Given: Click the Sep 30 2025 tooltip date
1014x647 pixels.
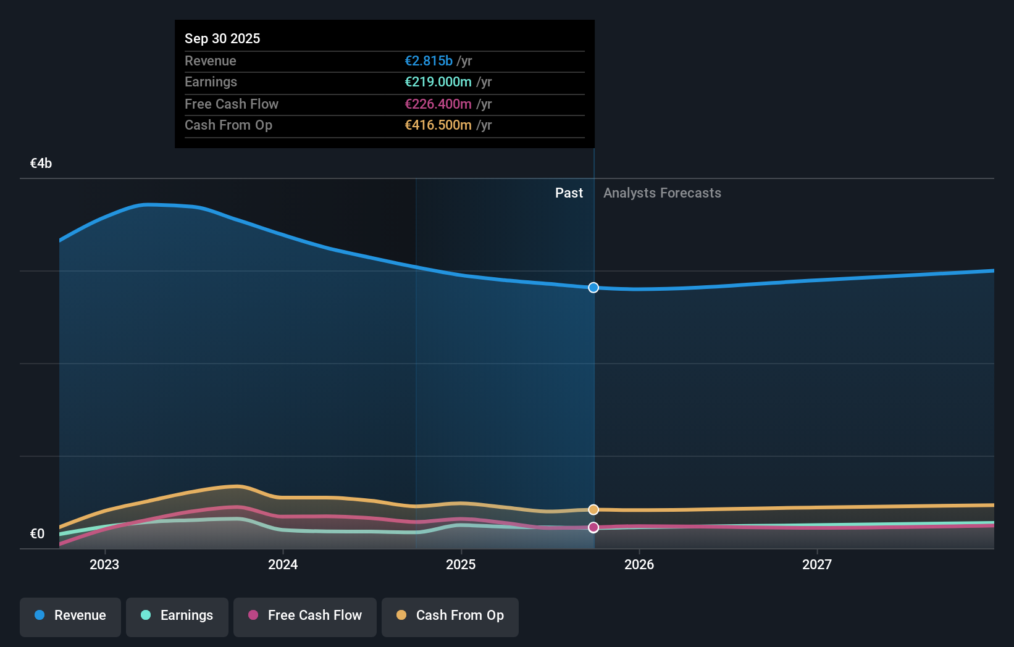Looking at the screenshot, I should tap(222, 38).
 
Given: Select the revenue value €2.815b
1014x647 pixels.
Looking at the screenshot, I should tap(428, 61).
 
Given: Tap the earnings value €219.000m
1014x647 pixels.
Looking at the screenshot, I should tap(438, 81).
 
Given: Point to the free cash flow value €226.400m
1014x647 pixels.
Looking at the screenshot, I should tap(438, 104).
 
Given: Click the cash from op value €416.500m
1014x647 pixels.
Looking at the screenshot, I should tap(438, 125).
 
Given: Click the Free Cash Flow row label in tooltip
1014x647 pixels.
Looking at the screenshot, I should tap(232, 104).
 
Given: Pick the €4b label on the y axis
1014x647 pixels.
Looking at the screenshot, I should tap(41, 163).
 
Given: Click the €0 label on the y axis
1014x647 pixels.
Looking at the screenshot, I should tap(37, 533).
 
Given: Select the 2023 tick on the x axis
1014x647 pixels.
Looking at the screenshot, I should tap(104, 564).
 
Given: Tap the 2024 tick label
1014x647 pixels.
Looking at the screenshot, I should tap(283, 564).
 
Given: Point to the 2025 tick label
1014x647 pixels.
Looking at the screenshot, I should tap(461, 564).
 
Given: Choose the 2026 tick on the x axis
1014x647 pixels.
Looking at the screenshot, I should tap(639, 564).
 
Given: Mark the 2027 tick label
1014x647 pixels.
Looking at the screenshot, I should tap(817, 564).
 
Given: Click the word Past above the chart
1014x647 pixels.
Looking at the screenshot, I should tap(569, 193).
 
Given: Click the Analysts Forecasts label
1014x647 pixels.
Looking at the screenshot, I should tap(662, 193).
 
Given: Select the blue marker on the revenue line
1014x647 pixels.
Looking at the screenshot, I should tap(593, 288).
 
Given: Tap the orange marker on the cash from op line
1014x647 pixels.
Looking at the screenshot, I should tap(593, 509).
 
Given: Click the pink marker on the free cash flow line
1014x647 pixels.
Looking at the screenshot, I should tap(593, 527).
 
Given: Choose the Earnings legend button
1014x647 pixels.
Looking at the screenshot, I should tap(177, 616).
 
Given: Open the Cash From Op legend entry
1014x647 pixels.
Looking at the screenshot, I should tap(450, 616).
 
